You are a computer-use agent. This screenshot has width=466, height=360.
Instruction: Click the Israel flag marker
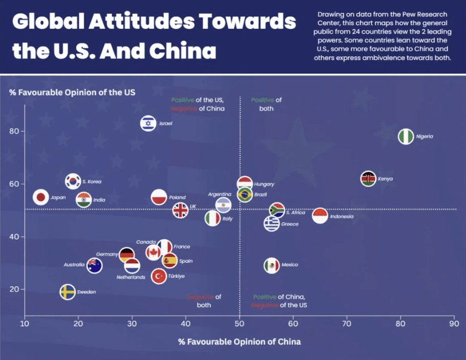(x=148, y=123)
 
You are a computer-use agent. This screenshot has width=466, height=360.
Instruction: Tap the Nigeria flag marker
(x=406, y=137)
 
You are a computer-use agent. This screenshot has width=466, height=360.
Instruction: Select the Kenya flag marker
(x=368, y=179)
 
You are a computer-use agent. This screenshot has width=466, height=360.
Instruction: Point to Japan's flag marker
(x=40, y=197)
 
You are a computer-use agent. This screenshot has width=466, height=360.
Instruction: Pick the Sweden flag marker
(x=68, y=292)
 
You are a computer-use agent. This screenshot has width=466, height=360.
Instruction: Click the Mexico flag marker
(x=271, y=265)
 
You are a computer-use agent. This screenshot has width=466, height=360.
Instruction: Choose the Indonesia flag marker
(x=320, y=216)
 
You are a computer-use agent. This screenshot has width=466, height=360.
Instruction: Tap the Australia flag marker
(x=94, y=265)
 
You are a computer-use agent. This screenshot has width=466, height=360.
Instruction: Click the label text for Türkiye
(x=176, y=277)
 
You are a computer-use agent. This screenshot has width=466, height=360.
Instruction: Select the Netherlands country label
(x=131, y=277)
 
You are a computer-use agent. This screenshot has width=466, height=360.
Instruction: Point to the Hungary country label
(x=264, y=184)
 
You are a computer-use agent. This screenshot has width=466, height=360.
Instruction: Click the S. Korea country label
(x=92, y=182)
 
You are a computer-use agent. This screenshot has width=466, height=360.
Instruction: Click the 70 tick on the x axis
(x=347, y=324)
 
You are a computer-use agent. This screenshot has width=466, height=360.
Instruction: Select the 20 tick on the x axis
(x=78, y=324)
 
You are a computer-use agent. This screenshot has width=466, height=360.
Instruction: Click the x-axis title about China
(x=239, y=342)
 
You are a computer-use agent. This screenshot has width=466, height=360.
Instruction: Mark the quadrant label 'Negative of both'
(x=204, y=301)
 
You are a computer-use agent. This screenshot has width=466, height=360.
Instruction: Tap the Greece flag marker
(x=271, y=224)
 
